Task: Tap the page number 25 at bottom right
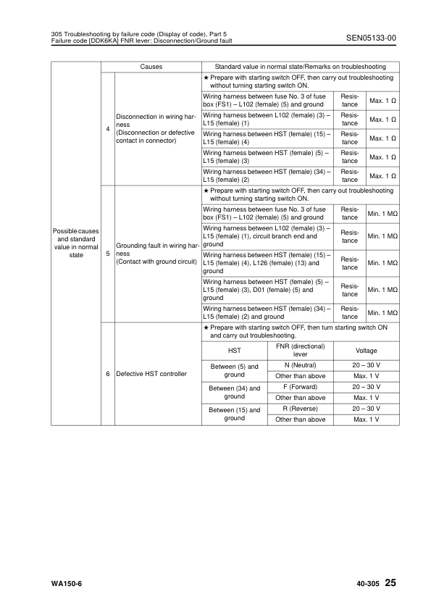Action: point(391,583)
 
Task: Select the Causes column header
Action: point(151,67)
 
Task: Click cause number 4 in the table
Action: point(108,129)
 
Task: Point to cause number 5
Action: point(108,254)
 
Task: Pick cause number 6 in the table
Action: point(108,374)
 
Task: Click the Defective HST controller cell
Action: point(151,374)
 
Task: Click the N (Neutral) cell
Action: point(301,365)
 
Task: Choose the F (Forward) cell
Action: point(301,387)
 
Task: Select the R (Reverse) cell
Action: point(301,409)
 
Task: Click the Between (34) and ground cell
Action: point(234,393)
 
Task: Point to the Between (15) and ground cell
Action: point(234,414)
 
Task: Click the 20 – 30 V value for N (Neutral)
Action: point(366,365)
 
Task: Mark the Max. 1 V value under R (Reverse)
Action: point(366,419)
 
